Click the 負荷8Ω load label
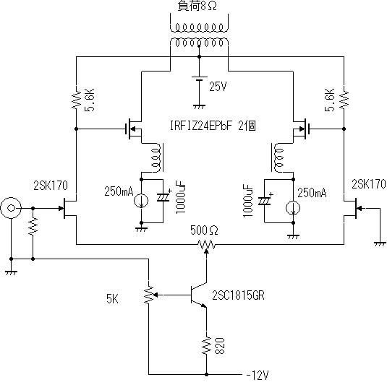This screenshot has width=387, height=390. click(x=197, y=6)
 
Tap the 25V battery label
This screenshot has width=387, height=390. click(x=218, y=87)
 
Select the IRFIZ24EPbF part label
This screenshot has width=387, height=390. click(x=201, y=126)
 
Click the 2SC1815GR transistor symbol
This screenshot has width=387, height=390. click(x=199, y=295)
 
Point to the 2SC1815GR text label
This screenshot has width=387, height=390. click(x=238, y=295)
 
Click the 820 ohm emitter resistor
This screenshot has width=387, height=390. click(x=206, y=346)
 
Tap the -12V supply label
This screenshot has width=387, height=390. click(x=258, y=375)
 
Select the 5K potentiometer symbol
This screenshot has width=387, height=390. click(x=149, y=295)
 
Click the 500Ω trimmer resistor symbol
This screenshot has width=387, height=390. click(x=206, y=246)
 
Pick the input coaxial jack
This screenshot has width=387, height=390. click(x=11, y=208)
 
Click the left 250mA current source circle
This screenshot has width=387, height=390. click(x=141, y=201)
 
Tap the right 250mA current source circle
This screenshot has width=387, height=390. click(x=293, y=209)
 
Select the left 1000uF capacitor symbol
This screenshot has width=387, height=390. click(x=163, y=197)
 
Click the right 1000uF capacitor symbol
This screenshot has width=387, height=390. click(x=265, y=201)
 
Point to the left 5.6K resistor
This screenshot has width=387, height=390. click(x=76, y=99)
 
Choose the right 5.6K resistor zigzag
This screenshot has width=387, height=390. click(x=344, y=99)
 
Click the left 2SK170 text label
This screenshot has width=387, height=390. click(x=51, y=186)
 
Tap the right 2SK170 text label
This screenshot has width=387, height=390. click(x=369, y=184)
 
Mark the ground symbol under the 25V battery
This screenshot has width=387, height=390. click(x=199, y=107)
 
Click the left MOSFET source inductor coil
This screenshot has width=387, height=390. click(x=156, y=157)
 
